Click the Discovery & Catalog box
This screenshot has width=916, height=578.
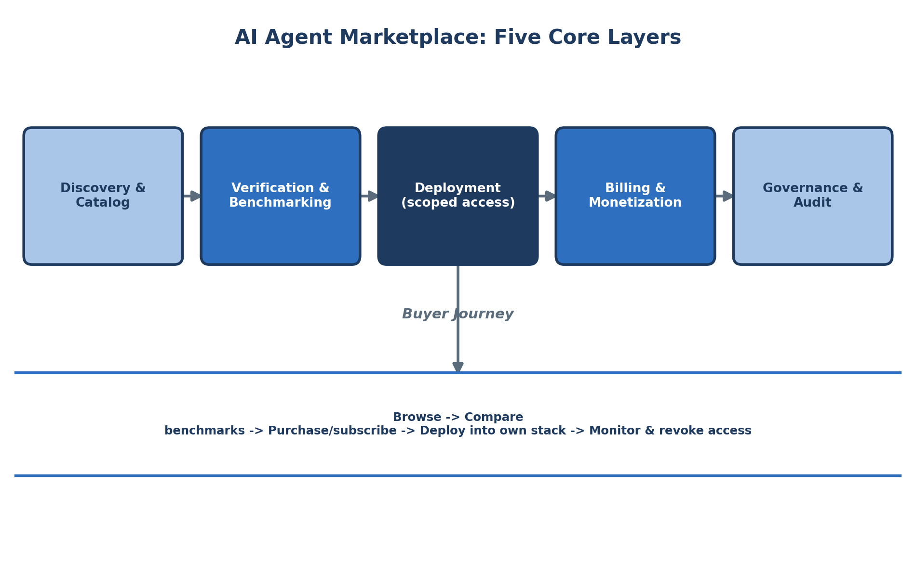103,196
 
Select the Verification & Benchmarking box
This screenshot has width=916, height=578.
281,196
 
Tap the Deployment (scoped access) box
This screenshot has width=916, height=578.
458,196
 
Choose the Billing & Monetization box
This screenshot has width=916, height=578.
635,196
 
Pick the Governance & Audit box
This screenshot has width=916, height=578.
813,196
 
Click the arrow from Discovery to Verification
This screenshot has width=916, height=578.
192,196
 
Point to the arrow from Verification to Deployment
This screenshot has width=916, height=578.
369,196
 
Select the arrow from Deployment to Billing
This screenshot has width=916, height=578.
547,196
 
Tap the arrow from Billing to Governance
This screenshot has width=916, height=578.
724,196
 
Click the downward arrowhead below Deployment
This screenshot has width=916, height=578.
458,367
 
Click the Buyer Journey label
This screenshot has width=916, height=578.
458,315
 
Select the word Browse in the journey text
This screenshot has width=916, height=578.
410,418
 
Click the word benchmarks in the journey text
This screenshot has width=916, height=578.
204,431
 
